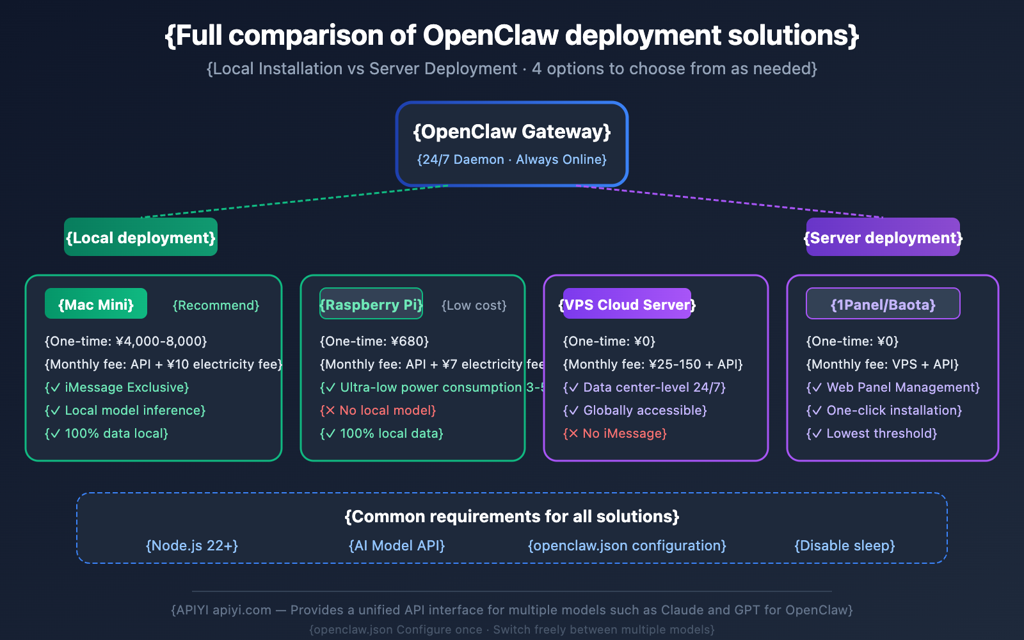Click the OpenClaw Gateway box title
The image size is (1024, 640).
click(x=512, y=132)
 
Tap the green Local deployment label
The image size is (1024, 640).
click(x=141, y=237)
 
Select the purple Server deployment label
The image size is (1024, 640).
click(x=883, y=237)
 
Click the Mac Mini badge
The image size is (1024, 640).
click(x=96, y=304)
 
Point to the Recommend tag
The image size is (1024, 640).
click(x=216, y=305)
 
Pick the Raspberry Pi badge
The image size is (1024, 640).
click(x=371, y=304)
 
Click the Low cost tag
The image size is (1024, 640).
click(x=474, y=305)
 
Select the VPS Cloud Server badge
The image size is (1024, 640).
click(x=627, y=304)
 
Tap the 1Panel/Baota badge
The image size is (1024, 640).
click(x=883, y=304)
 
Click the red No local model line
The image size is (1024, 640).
click(x=378, y=410)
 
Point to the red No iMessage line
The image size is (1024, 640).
click(x=614, y=433)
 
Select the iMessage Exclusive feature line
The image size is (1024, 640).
click(x=116, y=387)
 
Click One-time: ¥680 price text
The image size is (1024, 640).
click(x=374, y=341)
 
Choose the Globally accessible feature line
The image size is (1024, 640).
click(x=635, y=410)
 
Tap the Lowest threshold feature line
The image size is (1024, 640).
click(x=871, y=433)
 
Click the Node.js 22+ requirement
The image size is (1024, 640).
click(x=192, y=545)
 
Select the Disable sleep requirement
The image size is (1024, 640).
click(x=844, y=545)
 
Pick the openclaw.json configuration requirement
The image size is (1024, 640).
click(x=627, y=545)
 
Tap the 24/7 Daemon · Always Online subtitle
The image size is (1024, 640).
click(x=512, y=159)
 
